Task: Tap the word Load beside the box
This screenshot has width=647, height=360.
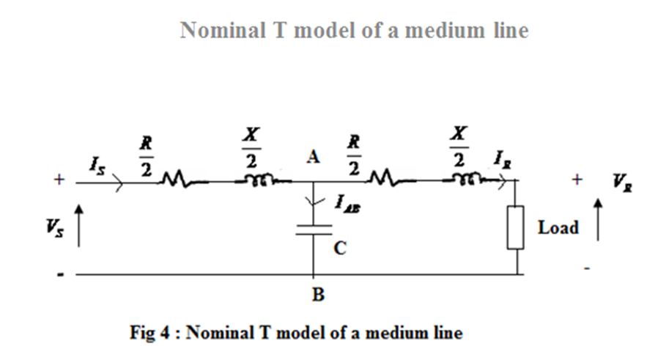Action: [558, 227]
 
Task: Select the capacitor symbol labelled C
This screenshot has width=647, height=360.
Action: [313, 229]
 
